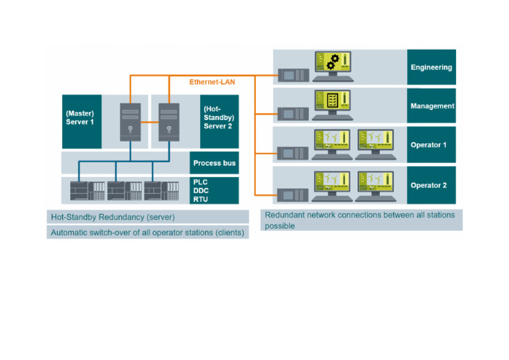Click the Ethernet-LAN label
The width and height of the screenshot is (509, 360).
(211, 82)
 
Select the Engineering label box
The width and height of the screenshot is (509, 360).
(431, 67)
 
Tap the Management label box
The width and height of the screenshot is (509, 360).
(431, 106)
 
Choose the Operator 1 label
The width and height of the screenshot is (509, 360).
(431, 145)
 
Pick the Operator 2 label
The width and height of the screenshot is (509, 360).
(431, 185)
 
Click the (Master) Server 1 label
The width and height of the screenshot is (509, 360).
(81, 118)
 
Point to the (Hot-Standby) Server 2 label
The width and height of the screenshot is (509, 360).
(219, 117)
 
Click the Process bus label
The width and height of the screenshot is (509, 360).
(214, 163)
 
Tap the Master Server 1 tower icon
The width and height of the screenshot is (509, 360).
(129, 122)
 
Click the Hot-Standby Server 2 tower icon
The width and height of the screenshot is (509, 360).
(169, 122)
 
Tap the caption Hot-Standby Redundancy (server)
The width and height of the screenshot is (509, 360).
(113, 217)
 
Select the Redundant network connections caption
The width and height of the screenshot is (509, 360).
(361, 220)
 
